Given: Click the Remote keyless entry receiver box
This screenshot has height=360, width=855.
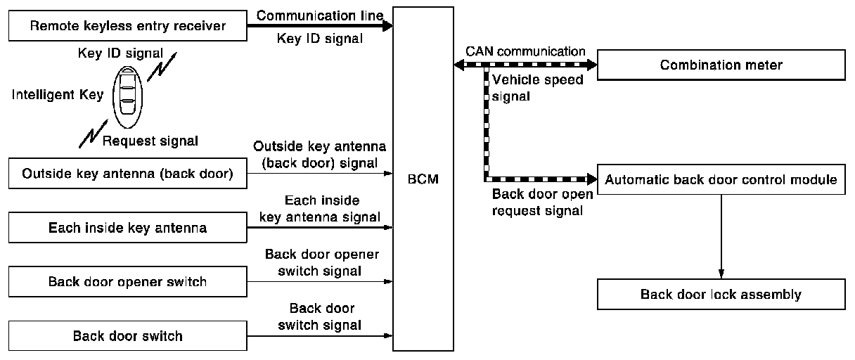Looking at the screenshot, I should coord(128,27).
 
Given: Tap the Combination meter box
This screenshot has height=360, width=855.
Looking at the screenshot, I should coord(721,65).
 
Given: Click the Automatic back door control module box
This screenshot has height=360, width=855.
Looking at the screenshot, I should coord(721,179).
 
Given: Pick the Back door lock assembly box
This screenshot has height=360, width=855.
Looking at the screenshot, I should coord(721,294).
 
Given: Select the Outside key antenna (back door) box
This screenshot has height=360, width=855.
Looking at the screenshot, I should coord(128,174).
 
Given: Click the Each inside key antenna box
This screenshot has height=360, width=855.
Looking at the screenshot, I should coord(128,228).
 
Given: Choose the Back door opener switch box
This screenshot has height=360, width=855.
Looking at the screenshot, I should coord(128,282).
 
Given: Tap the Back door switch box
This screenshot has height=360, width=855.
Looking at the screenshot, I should coord(128,335).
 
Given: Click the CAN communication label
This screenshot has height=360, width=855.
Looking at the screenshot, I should coord(525,51).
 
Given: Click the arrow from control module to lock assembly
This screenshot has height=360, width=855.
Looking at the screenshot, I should coord(721,236).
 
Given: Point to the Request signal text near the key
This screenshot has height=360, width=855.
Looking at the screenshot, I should coord(150,141).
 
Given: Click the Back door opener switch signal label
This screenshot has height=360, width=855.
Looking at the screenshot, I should coord(321,262).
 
